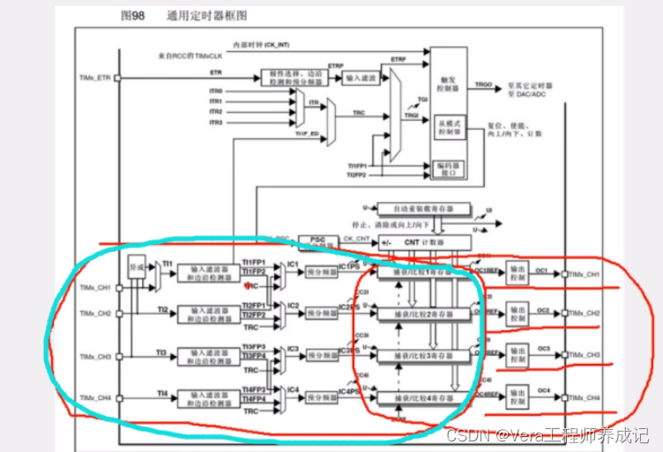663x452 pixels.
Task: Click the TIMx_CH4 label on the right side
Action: [x=585, y=399]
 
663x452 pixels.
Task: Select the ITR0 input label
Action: [x=216, y=92]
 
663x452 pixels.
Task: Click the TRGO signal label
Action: [x=483, y=85]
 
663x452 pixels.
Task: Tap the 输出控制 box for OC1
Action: [x=518, y=276]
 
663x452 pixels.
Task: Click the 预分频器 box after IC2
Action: [x=321, y=314]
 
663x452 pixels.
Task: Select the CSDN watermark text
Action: [x=548, y=434]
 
